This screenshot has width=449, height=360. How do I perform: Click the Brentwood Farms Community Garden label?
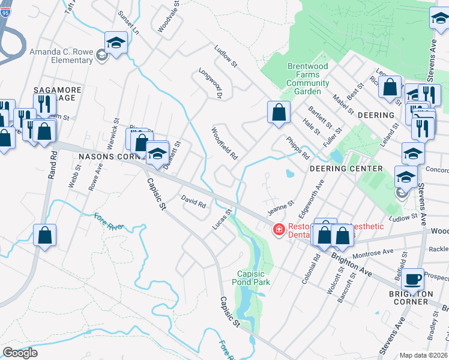click(x=307, y=79)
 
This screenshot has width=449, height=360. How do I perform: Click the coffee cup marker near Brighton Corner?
click(x=413, y=278)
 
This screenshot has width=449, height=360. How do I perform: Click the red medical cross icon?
click(x=279, y=229)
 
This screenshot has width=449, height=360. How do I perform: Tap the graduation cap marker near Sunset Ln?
click(x=116, y=42)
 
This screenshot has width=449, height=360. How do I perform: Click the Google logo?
click(x=20, y=352)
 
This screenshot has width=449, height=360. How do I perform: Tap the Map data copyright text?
click(x=424, y=355)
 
